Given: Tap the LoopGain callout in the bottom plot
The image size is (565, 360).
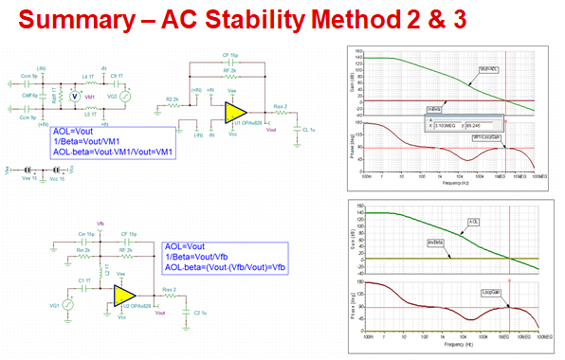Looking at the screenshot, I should pos(490,293).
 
